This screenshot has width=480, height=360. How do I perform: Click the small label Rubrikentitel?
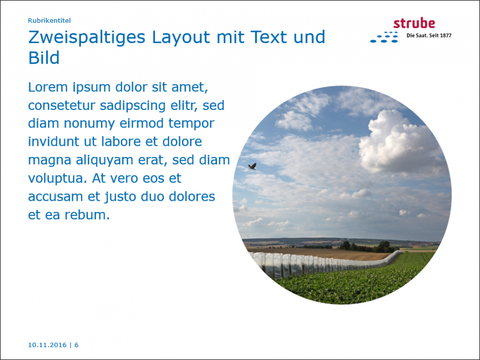(x=49, y=20)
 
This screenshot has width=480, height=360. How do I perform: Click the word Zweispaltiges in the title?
(x=87, y=37)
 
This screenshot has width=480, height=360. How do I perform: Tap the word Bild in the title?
(x=44, y=58)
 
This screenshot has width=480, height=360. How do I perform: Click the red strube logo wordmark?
(x=414, y=24)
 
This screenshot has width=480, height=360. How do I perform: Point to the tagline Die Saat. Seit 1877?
(x=429, y=35)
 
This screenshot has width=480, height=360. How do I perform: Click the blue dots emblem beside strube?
(x=384, y=37)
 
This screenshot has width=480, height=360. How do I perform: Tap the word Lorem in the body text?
(x=48, y=87)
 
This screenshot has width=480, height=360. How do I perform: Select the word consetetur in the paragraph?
(x=61, y=106)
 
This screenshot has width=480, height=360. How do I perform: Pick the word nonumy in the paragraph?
(x=89, y=124)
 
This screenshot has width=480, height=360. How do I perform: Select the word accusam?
(x=56, y=197)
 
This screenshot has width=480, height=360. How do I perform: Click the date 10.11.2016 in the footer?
(x=47, y=345)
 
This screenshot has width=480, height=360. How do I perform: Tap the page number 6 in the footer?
(x=76, y=345)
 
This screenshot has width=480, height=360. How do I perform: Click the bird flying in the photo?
(x=252, y=167)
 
